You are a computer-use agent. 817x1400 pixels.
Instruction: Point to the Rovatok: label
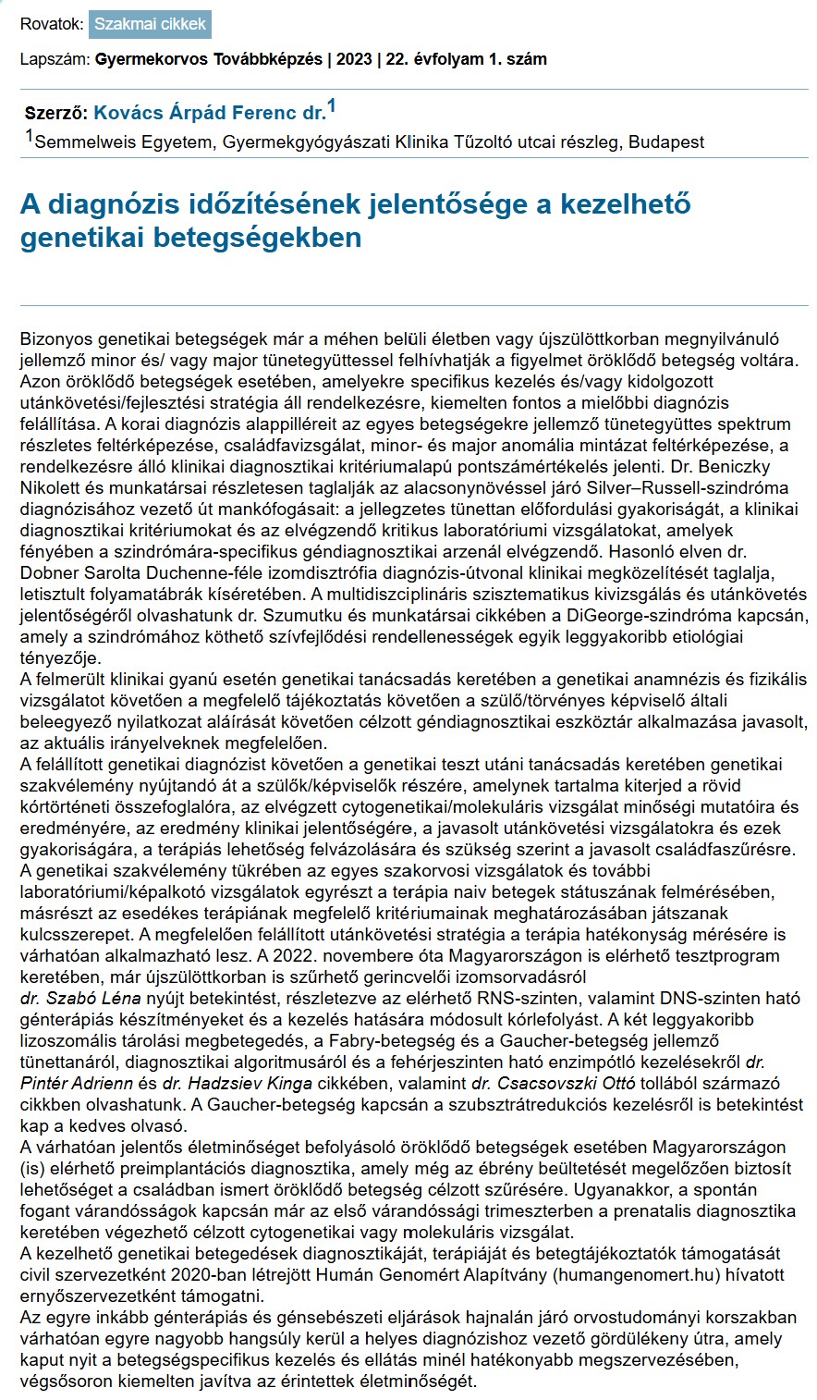(52, 24)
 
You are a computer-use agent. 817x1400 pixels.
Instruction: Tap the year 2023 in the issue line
(356, 59)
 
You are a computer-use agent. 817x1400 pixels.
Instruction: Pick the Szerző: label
(57, 114)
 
